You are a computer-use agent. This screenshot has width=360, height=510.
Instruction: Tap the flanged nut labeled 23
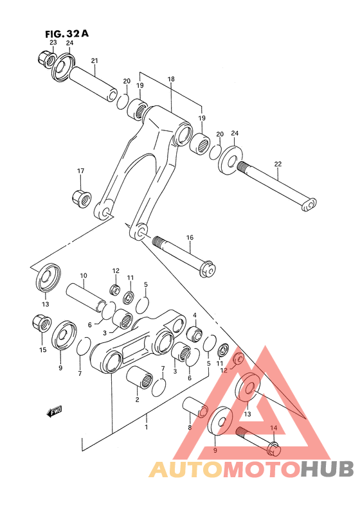pos(46,60)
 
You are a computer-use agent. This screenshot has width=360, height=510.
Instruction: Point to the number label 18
pos(171,79)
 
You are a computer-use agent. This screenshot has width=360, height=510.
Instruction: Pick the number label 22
pos(278,164)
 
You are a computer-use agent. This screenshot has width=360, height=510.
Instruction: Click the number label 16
pos(190,238)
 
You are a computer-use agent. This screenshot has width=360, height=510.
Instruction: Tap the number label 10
pos(83,276)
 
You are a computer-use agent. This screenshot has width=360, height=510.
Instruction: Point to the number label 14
pos(273,428)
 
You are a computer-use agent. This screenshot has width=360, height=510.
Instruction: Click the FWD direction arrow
pos(53,412)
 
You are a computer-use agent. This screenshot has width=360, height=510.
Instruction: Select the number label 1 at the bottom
pos(146,426)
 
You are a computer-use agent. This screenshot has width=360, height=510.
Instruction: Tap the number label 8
pos(190,426)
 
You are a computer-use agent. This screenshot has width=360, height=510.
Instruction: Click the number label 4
pos(194,315)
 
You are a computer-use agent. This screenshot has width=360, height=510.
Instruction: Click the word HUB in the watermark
pos(326,470)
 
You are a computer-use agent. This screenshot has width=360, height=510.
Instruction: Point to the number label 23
pos(53,42)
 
